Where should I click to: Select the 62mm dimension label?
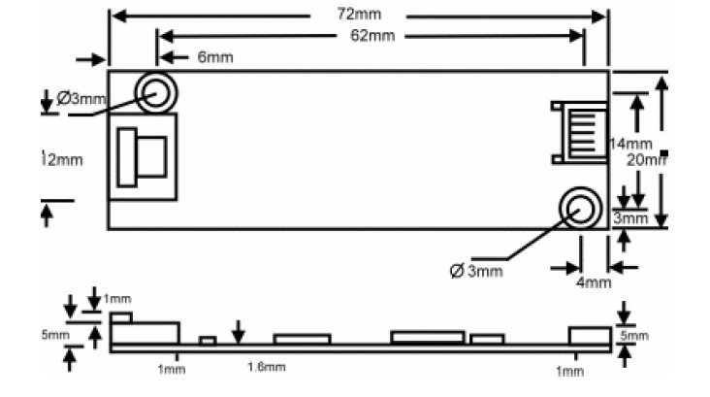[x=372, y=36]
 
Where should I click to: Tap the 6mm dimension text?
[x=215, y=58]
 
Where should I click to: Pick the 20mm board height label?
[x=647, y=160]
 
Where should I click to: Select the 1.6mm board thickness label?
[x=267, y=367]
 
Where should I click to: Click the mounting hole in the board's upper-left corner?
[x=155, y=93]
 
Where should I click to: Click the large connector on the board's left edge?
[x=143, y=156]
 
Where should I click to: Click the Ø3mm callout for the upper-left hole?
[x=81, y=98]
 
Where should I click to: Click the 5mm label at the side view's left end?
[x=55, y=336]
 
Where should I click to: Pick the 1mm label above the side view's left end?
[x=116, y=297]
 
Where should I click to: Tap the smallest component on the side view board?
[x=208, y=340]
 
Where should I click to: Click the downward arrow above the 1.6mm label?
[x=239, y=332]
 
